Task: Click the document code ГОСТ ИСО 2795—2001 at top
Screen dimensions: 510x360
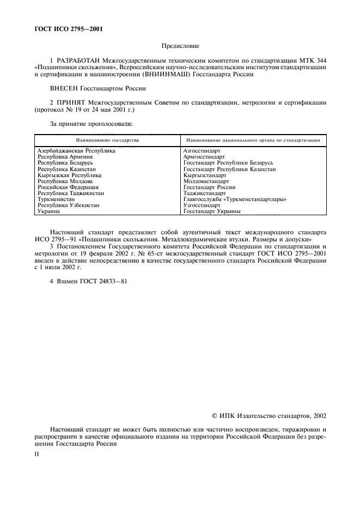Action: (66, 29)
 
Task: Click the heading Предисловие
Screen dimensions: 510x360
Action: (180, 47)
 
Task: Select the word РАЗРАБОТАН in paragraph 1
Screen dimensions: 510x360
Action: (76, 60)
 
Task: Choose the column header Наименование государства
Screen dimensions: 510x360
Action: (103, 140)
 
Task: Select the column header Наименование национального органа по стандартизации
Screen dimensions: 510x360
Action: (252, 140)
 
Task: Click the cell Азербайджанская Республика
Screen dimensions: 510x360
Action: (76, 150)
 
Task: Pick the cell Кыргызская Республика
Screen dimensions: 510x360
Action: (70, 175)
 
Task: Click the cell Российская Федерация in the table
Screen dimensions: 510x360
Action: (68, 187)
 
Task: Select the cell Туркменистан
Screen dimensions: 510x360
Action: (55, 199)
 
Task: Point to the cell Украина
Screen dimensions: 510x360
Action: (48, 211)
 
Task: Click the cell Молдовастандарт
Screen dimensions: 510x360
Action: (206, 181)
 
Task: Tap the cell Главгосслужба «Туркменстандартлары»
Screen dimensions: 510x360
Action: (235, 199)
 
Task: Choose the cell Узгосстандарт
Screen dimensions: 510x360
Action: (202, 205)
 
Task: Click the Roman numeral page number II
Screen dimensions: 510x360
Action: (36, 452)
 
